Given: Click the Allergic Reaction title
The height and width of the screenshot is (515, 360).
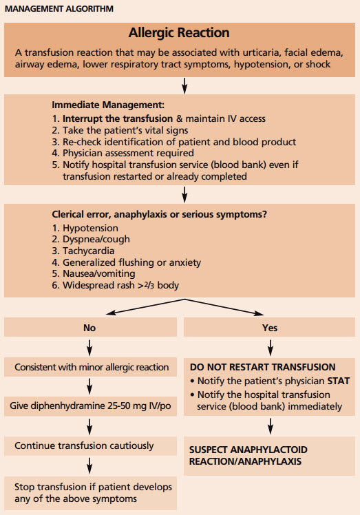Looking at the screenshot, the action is point(179,33).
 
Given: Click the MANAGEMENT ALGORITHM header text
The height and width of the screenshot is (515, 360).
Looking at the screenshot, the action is point(59,9).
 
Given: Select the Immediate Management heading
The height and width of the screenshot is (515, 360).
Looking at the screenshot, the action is point(108,105).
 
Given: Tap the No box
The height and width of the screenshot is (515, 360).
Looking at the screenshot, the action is point(90,327).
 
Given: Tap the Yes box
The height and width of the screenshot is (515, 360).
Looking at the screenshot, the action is point(269,327).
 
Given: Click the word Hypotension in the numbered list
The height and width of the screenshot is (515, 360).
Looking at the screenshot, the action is point(90,229).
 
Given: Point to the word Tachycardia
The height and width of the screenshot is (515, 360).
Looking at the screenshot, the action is point(89,251).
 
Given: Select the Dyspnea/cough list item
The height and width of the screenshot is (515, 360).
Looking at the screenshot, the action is point(91,240).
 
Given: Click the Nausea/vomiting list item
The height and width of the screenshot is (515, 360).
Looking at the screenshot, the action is point(94,273).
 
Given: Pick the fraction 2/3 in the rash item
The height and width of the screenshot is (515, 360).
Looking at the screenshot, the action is point(150,285).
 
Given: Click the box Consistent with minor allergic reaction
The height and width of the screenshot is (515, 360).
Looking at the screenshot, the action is point(90,367).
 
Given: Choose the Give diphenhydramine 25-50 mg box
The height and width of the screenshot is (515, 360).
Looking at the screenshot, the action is point(90,406).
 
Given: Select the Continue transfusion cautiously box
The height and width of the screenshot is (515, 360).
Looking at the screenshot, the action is point(90,445).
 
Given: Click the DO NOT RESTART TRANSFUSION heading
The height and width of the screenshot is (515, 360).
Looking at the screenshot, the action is point(263,367).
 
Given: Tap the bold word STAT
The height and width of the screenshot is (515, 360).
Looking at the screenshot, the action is point(339,381).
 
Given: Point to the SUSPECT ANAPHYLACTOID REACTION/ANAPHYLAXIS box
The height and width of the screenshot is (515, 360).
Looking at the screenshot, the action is point(269,456).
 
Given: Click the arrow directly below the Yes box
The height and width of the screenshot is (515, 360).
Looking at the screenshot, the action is point(270,348).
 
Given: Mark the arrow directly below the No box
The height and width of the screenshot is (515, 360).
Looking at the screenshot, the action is point(89,348).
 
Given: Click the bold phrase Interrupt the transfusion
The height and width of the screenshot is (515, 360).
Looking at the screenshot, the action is point(118,118).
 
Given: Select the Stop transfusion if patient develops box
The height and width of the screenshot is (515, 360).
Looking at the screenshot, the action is point(90,493).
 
